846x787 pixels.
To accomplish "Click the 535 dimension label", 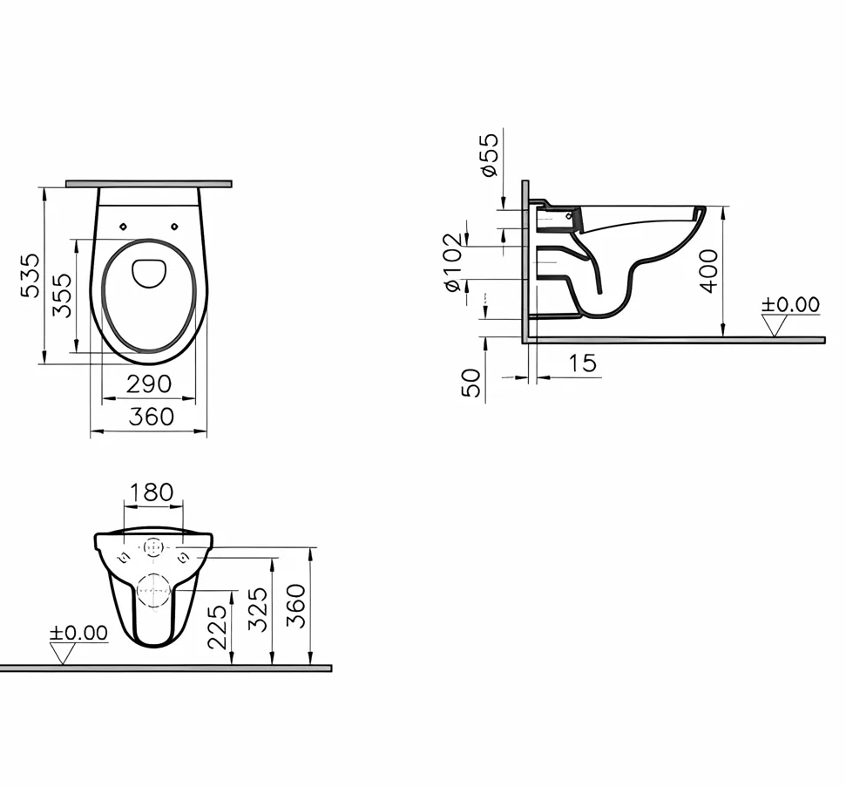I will [30, 275].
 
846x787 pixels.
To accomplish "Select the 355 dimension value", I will [62, 295].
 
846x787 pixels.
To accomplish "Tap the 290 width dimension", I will [149, 384].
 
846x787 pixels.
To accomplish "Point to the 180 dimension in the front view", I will [152, 492].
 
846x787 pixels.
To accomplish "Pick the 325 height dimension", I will [258, 608].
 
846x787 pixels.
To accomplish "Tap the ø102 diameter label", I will [451, 262].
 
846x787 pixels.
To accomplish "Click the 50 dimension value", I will [471, 382].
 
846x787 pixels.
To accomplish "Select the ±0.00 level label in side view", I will [790, 305].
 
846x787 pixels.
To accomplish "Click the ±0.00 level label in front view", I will [78, 633].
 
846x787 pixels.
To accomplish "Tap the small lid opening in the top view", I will [149, 273].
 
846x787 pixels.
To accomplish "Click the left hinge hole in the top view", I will [124, 226].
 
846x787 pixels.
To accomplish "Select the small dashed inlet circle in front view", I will [153, 549].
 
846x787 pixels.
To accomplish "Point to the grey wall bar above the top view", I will [149, 184].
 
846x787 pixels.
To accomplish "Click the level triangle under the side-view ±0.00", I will [774, 325].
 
